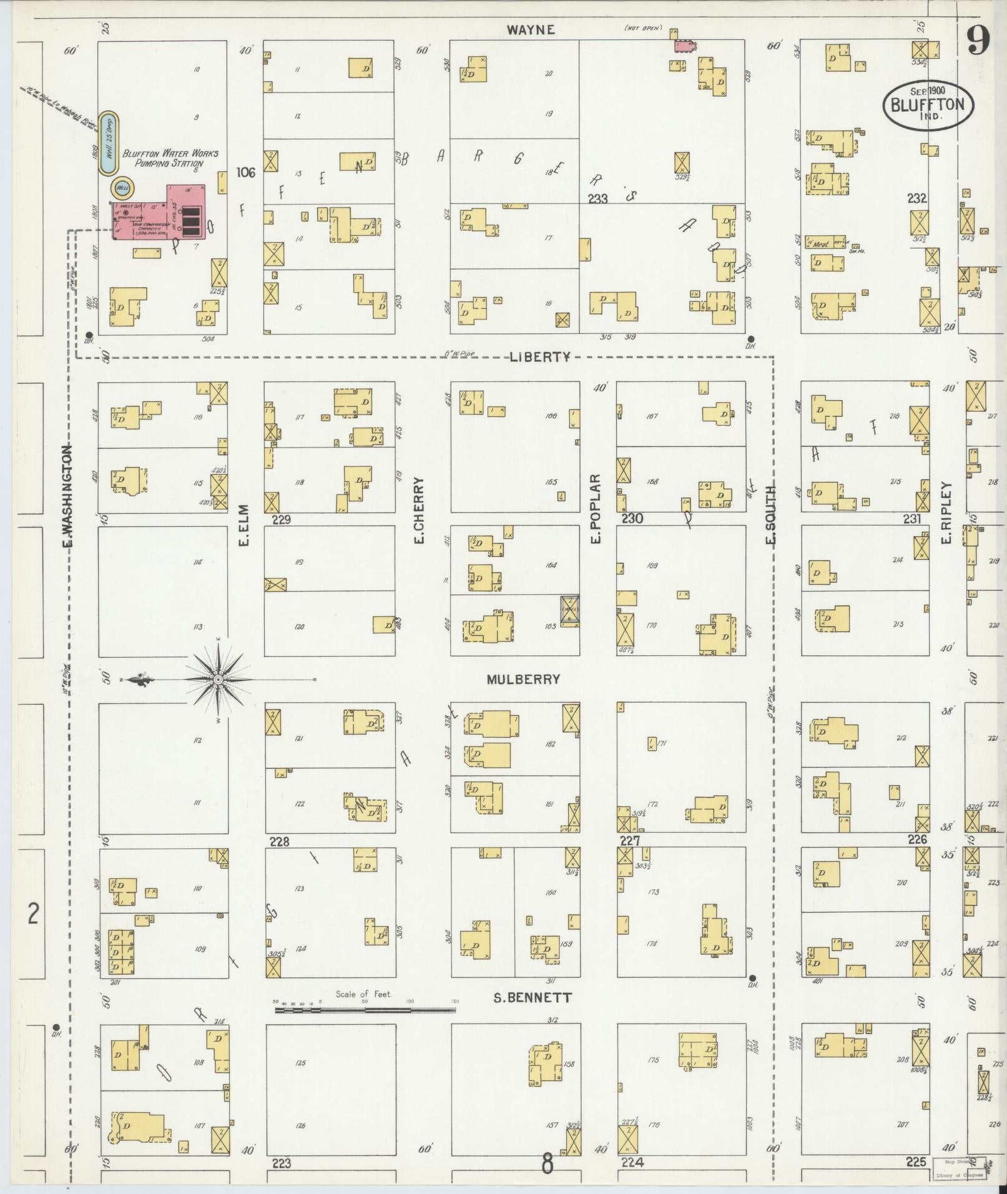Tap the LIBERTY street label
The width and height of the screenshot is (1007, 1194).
tap(540, 357)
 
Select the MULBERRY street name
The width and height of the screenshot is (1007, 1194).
tap(523, 679)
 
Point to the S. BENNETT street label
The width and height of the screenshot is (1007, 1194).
tap(532, 998)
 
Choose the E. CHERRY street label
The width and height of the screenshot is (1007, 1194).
tap(419, 510)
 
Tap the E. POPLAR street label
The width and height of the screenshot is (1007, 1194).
tap(596, 509)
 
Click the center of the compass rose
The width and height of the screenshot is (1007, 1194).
tap(219, 679)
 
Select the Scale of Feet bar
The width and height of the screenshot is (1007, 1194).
tap(366, 1001)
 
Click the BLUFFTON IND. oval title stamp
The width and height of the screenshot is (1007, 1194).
tap(928, 104)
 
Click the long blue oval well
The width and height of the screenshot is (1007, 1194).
tap(109, 144)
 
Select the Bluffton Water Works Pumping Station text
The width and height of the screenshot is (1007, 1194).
tap(170, 158)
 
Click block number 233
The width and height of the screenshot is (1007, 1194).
tap(597, 198)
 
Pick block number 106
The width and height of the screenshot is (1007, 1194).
tap(246, 173)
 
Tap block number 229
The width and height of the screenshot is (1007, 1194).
tap(282, 519)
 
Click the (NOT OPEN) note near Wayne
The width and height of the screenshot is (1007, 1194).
tap(643, 28)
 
